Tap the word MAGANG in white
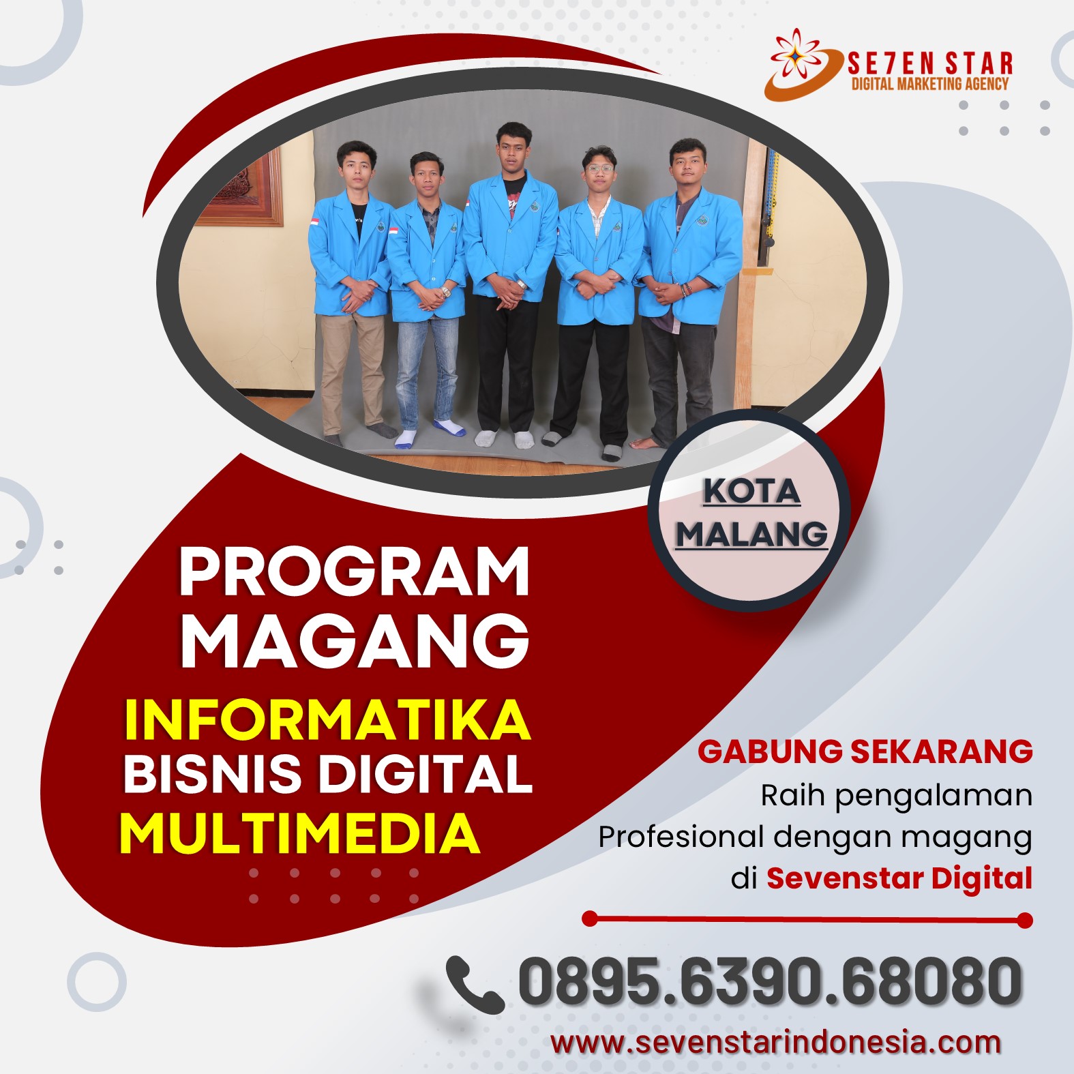pyautogui.click(x=354, y=641)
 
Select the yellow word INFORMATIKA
pyautogui.click(x=327, y=719)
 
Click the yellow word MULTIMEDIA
pyautogui.click(x=299, y=833)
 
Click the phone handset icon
pyautogui.click(x=475, y=984)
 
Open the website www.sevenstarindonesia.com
pyautogui.click(x=776, y=1043)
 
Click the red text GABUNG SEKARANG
pyautogui.click(x=865, y=751)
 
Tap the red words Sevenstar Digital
pyautogui.click(x=899, y=878)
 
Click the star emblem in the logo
pyautogui.click(x=797, y=54)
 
